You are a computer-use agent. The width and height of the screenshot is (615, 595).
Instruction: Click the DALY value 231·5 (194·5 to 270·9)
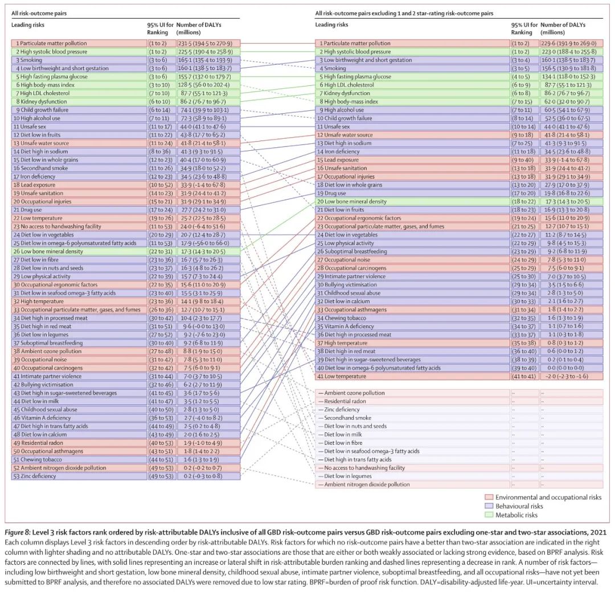click(x=205, y=43)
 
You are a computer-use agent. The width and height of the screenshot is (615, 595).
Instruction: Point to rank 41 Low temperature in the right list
click(x=342, y=377)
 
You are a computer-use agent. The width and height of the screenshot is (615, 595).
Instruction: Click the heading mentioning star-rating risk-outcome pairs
click(x=404, y=13)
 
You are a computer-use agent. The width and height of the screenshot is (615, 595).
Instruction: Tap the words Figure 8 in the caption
click(x=17, y=532)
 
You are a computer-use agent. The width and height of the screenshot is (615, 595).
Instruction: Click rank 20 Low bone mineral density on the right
click(x=352, y=201)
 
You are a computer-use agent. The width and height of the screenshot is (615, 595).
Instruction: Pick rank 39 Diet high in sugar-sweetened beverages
click(x=368, y=360)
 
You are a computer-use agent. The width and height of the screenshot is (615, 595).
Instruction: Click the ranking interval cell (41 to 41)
click(x=524, y=377)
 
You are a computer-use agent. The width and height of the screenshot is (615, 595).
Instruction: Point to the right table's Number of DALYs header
click(x=563, y=28)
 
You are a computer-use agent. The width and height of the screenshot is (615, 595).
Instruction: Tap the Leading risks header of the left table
click(x=28, y=24)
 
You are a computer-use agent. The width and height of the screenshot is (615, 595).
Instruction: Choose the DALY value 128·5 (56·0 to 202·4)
click(x=204, y=85)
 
